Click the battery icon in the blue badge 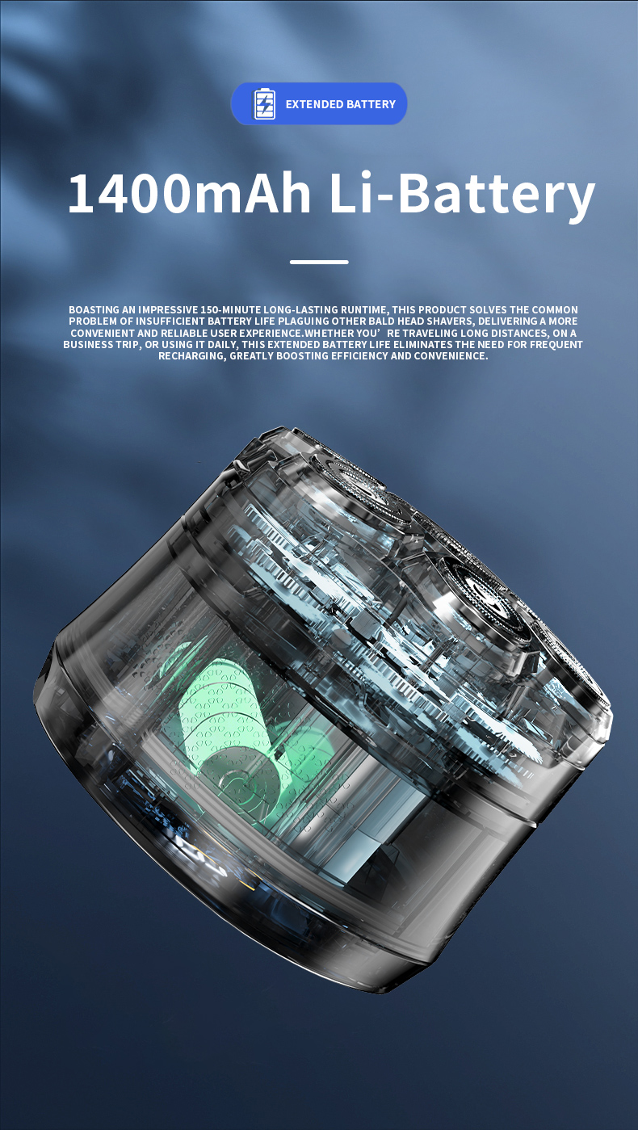(x=265, y=104)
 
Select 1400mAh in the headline (x=189, y=194)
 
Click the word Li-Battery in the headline (x=462, y=195)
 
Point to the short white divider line (x=319, y=263)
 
